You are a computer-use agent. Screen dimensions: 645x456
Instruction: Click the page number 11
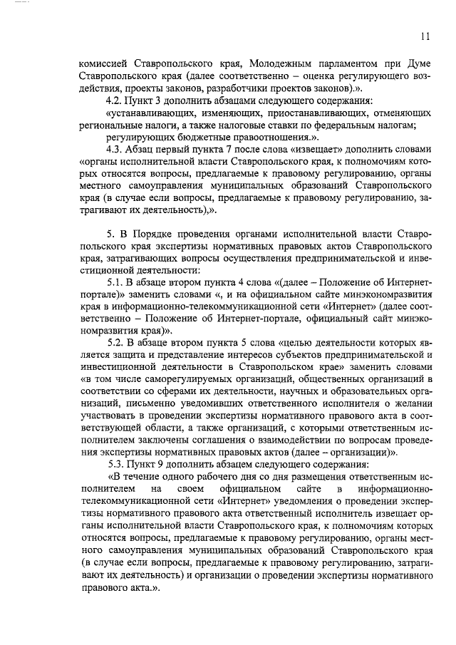point(425,36)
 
